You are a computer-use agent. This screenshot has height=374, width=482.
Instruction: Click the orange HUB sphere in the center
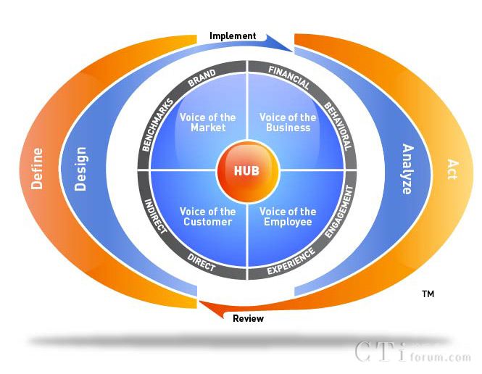coord(248,171)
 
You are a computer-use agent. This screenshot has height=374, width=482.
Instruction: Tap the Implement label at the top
coord(233,36)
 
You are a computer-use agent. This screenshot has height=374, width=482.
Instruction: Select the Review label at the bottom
coord(248,318)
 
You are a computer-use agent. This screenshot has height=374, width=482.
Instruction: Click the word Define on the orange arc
coord(37,169)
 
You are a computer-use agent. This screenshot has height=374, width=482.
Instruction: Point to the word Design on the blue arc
coord(80,169)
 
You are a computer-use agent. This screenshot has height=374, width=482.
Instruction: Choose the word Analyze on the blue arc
coord(408,169)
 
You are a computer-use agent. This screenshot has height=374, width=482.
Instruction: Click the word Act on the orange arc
coord(452,169)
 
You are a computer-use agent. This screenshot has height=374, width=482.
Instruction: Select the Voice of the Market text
coord(208,122)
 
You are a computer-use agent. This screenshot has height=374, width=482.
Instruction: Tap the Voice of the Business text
coord(288,122)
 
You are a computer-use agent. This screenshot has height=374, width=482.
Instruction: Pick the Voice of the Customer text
coord(208,217)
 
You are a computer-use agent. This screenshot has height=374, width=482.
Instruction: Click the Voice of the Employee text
coord(288,217)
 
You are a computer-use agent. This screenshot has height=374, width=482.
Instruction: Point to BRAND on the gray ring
coord(202,78)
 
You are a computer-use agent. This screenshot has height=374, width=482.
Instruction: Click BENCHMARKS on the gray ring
coord(158,125)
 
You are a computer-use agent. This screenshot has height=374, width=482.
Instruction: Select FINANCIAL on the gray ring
coord(289,78)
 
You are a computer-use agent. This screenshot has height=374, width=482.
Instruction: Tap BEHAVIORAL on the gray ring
coord(338,126)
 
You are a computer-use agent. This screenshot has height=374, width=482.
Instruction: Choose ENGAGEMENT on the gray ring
coord(339,212)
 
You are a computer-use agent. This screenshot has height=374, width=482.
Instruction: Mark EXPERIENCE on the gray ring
coord(291,261)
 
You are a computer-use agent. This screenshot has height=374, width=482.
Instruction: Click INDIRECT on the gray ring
coord(156,216)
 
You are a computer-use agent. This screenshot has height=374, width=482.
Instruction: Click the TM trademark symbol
coord(428,294)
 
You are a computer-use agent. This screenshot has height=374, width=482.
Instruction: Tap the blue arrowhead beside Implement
coord(278,43)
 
